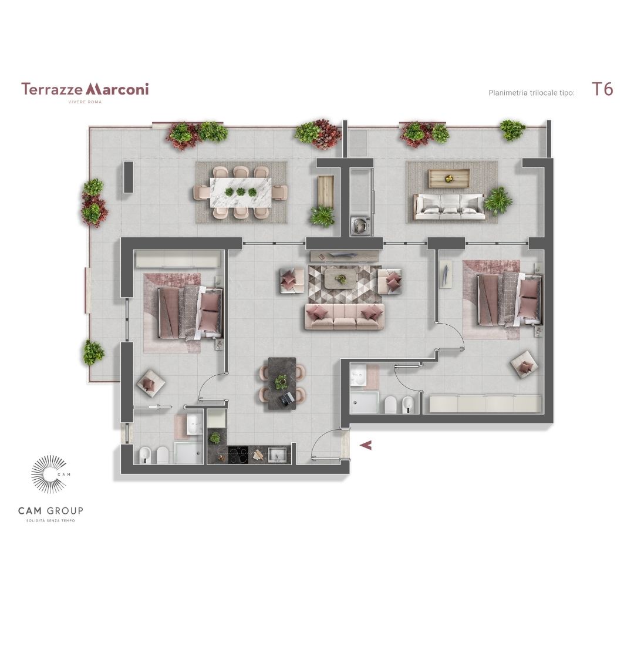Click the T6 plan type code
click(x=602, y=89)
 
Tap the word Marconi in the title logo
click(x=117, y=89)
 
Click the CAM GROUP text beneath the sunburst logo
click(x=50, y=511)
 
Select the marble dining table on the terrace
click(x=241, y=193)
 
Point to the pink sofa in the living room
click(x=345, y=317)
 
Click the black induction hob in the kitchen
click(x=238, y=456)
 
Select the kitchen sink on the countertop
click(x=277, y=456)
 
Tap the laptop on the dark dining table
click(x=287, y=398)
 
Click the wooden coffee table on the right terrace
click(x=449, y=178)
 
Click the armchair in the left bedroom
click(x=150, y=383)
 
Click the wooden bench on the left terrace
click(x=325, y=192)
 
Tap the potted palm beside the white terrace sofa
click(x=498, y=201)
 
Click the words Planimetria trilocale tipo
click(x=531, y=93)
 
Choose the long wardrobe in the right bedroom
click(x=485, y=404)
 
